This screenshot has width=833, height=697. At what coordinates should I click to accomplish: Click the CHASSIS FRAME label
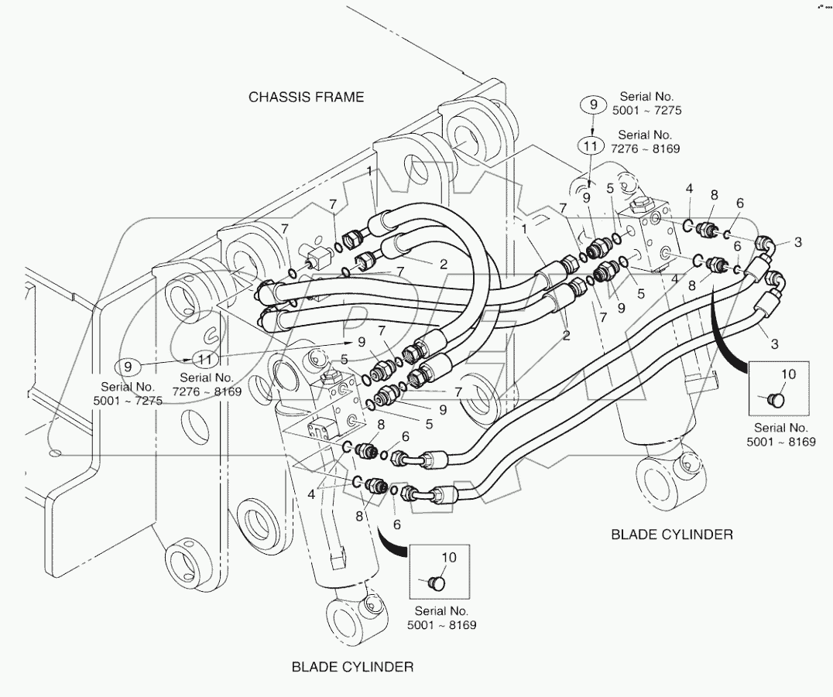point(306,97)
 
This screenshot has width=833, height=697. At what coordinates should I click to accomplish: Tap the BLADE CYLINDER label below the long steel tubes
point(672,534)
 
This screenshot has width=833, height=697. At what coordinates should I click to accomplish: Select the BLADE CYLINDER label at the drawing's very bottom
point(352,666)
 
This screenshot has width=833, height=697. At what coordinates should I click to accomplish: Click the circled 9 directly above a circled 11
point(594,105)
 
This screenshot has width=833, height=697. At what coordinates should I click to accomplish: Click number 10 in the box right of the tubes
point(787,374)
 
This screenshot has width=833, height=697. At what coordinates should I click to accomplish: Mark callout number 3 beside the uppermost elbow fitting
point(797,242)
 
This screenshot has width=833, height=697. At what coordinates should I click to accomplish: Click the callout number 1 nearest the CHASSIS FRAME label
point(370,169)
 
